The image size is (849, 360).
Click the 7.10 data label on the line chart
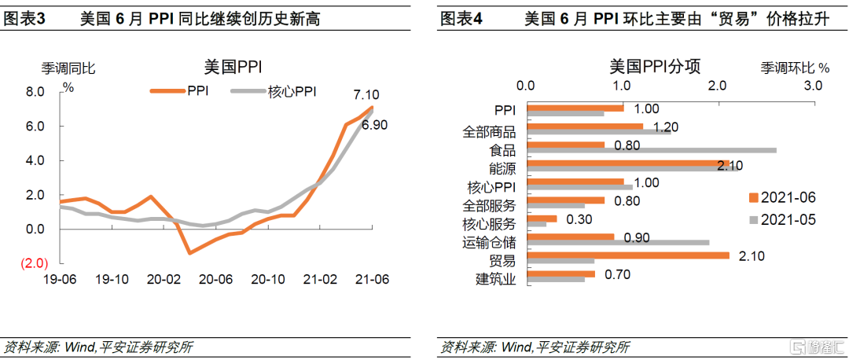pyautogui.click(x=366, y=94)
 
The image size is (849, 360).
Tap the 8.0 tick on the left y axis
pyautogui.click(x=35, y=92)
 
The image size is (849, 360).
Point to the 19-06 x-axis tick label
pyautogui.click(x=62, y=279)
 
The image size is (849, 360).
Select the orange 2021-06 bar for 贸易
pyautogui.click(x=628, y=255)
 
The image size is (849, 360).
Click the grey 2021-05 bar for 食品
pyautogui.click(x=652, y=149)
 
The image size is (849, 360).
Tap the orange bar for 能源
pyautogui.click(x=628, y=163)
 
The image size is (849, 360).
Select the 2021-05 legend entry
pyautogui.click(x=788, y=220)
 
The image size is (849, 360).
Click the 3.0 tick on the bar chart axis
pyautogui.click(x=813, y=85)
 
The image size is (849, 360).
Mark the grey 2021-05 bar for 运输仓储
pyautogui.click(x=618, y=243)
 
